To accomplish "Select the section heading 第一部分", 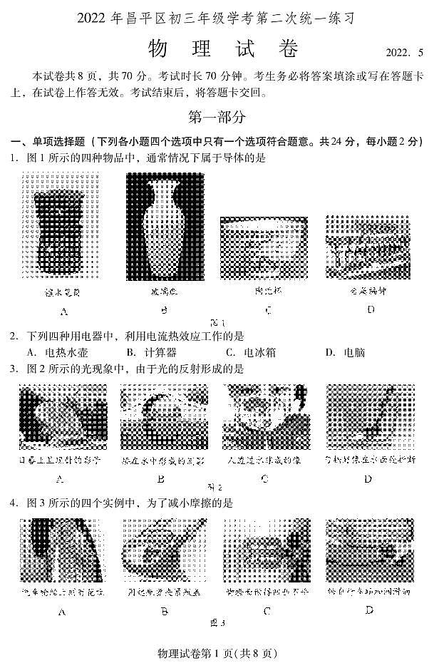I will (x=217, y=116).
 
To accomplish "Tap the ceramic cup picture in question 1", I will (x=258, y=247).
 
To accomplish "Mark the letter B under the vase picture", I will (x=163, y=310).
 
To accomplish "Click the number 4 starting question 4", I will (x=13, y=503).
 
